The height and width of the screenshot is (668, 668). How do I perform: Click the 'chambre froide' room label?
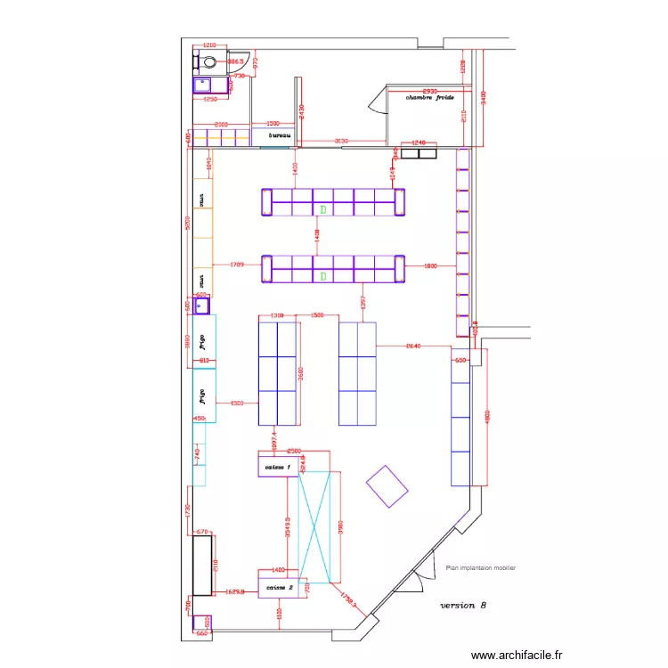(430, 98)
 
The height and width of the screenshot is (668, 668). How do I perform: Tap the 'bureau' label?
(281, 136)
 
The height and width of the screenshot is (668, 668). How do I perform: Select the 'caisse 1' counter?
(276, 468)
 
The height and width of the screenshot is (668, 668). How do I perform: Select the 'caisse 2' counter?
(279, 589)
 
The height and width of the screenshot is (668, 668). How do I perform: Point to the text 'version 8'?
(463, 605)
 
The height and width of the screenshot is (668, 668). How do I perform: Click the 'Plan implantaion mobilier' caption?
(479, 567)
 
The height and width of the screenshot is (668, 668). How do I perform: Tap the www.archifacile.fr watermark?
(517, 655)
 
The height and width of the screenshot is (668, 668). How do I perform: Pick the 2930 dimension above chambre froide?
(429, 91)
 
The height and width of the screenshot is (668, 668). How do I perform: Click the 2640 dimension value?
(413, 346)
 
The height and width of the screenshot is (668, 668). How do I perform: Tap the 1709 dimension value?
(237, 265)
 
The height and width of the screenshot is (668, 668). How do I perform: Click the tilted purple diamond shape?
(387, 486)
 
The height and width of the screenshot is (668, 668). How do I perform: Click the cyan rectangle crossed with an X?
(319, 527)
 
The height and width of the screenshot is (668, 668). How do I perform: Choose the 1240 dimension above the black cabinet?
(419, 143)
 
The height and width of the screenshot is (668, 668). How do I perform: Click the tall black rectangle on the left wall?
(203, 565)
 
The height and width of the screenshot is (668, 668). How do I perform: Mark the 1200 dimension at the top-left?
(210, 45)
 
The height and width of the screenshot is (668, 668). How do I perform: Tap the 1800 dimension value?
(430, 265)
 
